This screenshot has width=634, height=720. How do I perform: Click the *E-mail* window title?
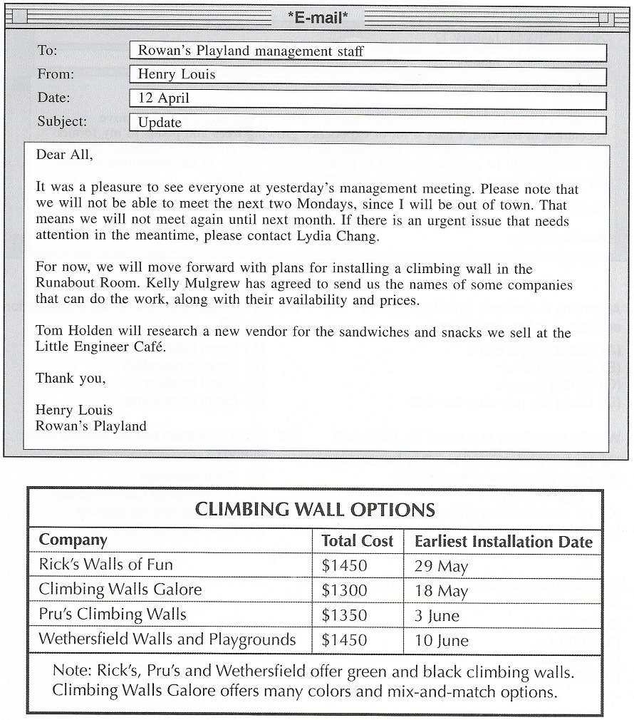click(318, 18)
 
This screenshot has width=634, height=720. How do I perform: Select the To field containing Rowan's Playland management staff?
click(368, 51)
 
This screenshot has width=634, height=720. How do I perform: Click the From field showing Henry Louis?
click(368, 75)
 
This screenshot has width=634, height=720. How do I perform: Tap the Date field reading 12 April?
click(368, 99)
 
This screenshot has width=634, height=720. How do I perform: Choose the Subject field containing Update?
click(368, 123)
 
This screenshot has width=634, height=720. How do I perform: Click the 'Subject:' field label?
click(63, 122)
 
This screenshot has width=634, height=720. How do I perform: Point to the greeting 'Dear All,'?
click(64, 155)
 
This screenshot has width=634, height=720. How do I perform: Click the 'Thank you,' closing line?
click(71, 379)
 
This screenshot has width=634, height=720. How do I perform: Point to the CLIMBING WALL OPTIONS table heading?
click(315, 510)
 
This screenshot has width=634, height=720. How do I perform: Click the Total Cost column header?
click(357, 541)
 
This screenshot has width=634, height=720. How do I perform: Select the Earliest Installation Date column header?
click(503, 542)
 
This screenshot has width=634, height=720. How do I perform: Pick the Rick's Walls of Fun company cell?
click(105, 565)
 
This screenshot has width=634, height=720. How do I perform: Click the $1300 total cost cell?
click(344, 590)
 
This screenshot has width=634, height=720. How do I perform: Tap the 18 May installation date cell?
click(441, 592)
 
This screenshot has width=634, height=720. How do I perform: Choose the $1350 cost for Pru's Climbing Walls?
click(344, 614)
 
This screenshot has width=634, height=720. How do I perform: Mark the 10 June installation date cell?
click(441, 640)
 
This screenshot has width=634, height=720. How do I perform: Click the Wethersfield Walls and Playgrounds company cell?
click(167, 639)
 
